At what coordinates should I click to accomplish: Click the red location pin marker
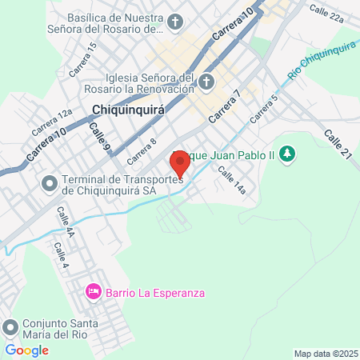180,163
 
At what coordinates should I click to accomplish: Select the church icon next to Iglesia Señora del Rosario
206,82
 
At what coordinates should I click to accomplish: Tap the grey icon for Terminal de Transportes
50,184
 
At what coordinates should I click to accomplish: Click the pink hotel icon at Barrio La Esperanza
93,292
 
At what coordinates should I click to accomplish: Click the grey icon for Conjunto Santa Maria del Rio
10,326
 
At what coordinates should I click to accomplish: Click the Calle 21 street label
338,145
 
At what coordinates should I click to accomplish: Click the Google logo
27,350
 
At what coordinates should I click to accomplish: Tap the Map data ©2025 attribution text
325,354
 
